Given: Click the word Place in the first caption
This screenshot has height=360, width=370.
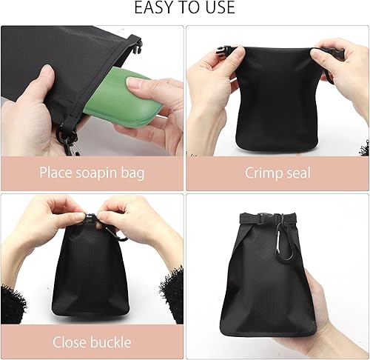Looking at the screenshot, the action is [x=55, y=172].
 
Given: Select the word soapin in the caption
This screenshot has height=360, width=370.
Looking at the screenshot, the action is [x=96, y=173].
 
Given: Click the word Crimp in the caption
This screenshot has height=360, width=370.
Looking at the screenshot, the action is [x=262, y=173].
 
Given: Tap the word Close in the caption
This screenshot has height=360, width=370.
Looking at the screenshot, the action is [x=70, y=342].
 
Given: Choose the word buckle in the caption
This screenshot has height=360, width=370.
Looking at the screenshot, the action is [x=111, y=342].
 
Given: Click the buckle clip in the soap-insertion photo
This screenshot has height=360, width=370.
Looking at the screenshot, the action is [x=138, y=46].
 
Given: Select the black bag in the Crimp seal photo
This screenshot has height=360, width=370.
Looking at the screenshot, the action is [x=280, y=99].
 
